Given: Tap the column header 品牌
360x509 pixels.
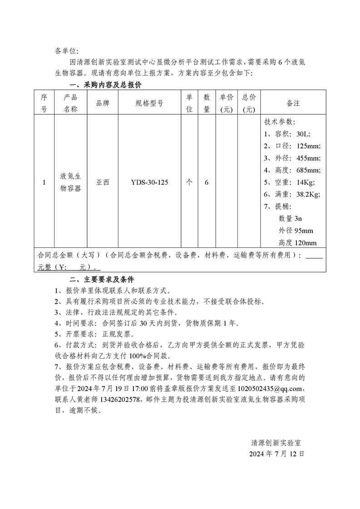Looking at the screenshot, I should click(x=103, y=103).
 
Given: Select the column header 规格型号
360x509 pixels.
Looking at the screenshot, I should click(x=149, y=103).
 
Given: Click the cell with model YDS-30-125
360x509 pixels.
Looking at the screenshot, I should click(x=149, y=182).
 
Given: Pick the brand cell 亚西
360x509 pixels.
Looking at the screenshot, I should click(x=103, y=182).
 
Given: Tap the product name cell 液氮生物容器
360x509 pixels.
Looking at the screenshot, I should click(x=71, y=182).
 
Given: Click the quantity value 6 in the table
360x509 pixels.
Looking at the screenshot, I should click(x=207, y=182).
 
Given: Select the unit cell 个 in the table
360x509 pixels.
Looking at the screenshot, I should click(x=189, y=182).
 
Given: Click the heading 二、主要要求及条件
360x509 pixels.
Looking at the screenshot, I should click(x=101, y=278).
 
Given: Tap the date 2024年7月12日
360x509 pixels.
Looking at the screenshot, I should click(x=276, y=454).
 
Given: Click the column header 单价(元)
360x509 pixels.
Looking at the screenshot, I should click(x=227, y=103).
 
